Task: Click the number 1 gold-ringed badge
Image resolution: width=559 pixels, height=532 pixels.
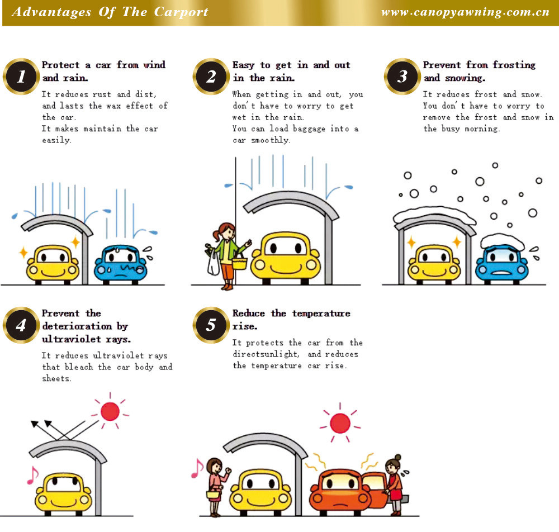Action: point(21,76)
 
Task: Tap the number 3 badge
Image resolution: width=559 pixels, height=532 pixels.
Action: point(402,76)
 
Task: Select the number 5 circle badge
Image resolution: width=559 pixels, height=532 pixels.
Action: point(211,325)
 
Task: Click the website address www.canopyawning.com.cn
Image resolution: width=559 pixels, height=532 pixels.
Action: point(465,12)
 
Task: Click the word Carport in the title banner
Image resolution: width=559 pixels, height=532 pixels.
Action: point(181,12)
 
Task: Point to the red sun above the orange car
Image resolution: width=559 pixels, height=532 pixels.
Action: point(340,423)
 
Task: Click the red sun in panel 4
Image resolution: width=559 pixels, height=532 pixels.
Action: point(110,411)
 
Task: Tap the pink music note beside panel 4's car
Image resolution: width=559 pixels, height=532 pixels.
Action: point(33,476)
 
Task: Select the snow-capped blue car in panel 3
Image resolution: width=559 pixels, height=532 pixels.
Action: point(502,258)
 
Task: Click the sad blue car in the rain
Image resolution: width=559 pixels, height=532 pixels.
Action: point(121,264)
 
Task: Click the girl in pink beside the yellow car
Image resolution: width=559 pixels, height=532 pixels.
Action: point(215,487)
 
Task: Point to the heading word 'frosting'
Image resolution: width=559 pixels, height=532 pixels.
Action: point(514,65)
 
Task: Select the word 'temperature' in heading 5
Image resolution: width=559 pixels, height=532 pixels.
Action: point(321,313)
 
